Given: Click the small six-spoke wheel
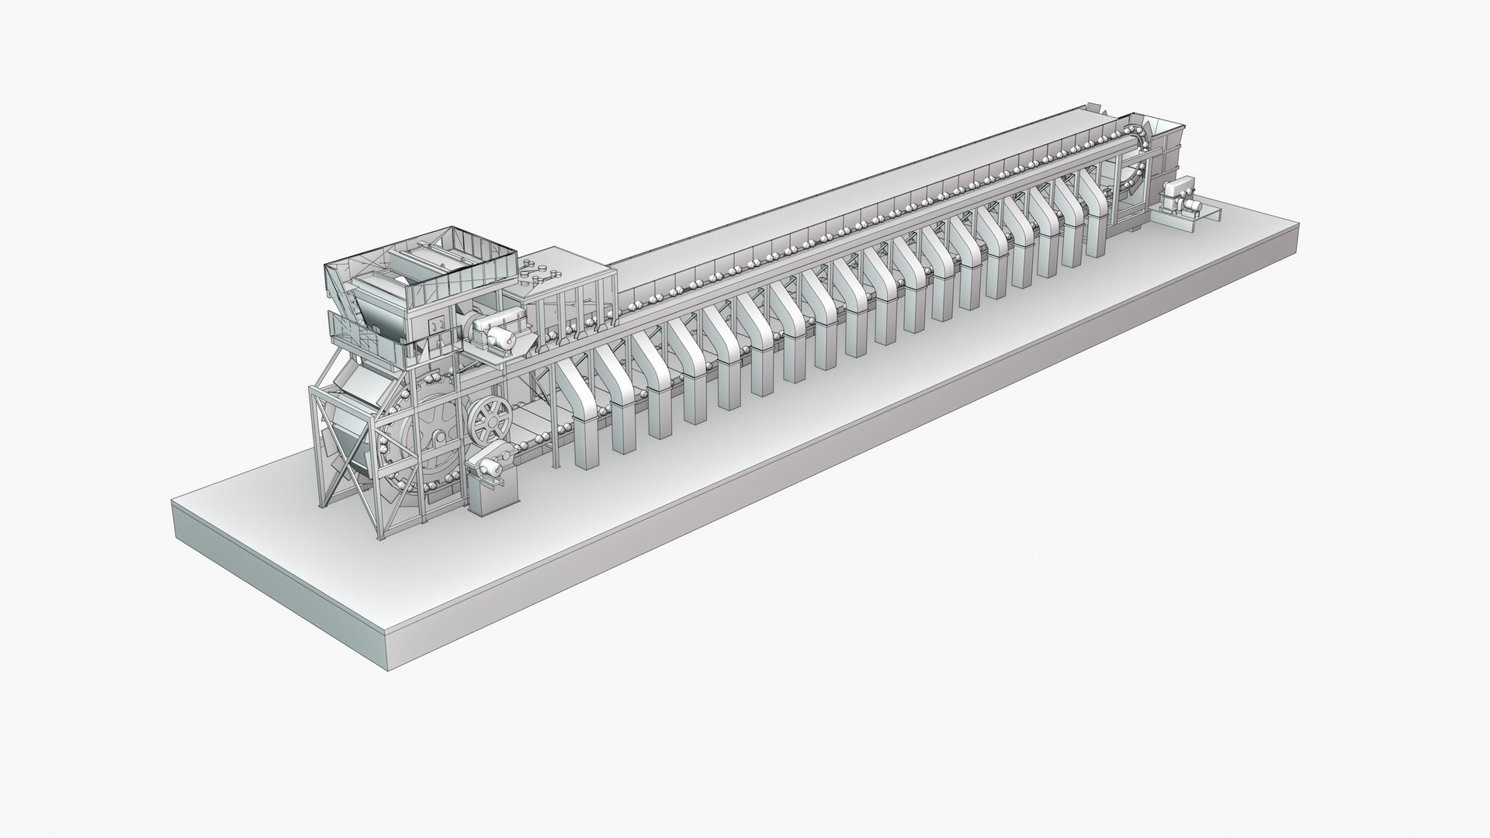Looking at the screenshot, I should tap(490, 421).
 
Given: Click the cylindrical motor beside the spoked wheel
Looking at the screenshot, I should tap(487, 467).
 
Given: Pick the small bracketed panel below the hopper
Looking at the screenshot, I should tap(439, 326).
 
